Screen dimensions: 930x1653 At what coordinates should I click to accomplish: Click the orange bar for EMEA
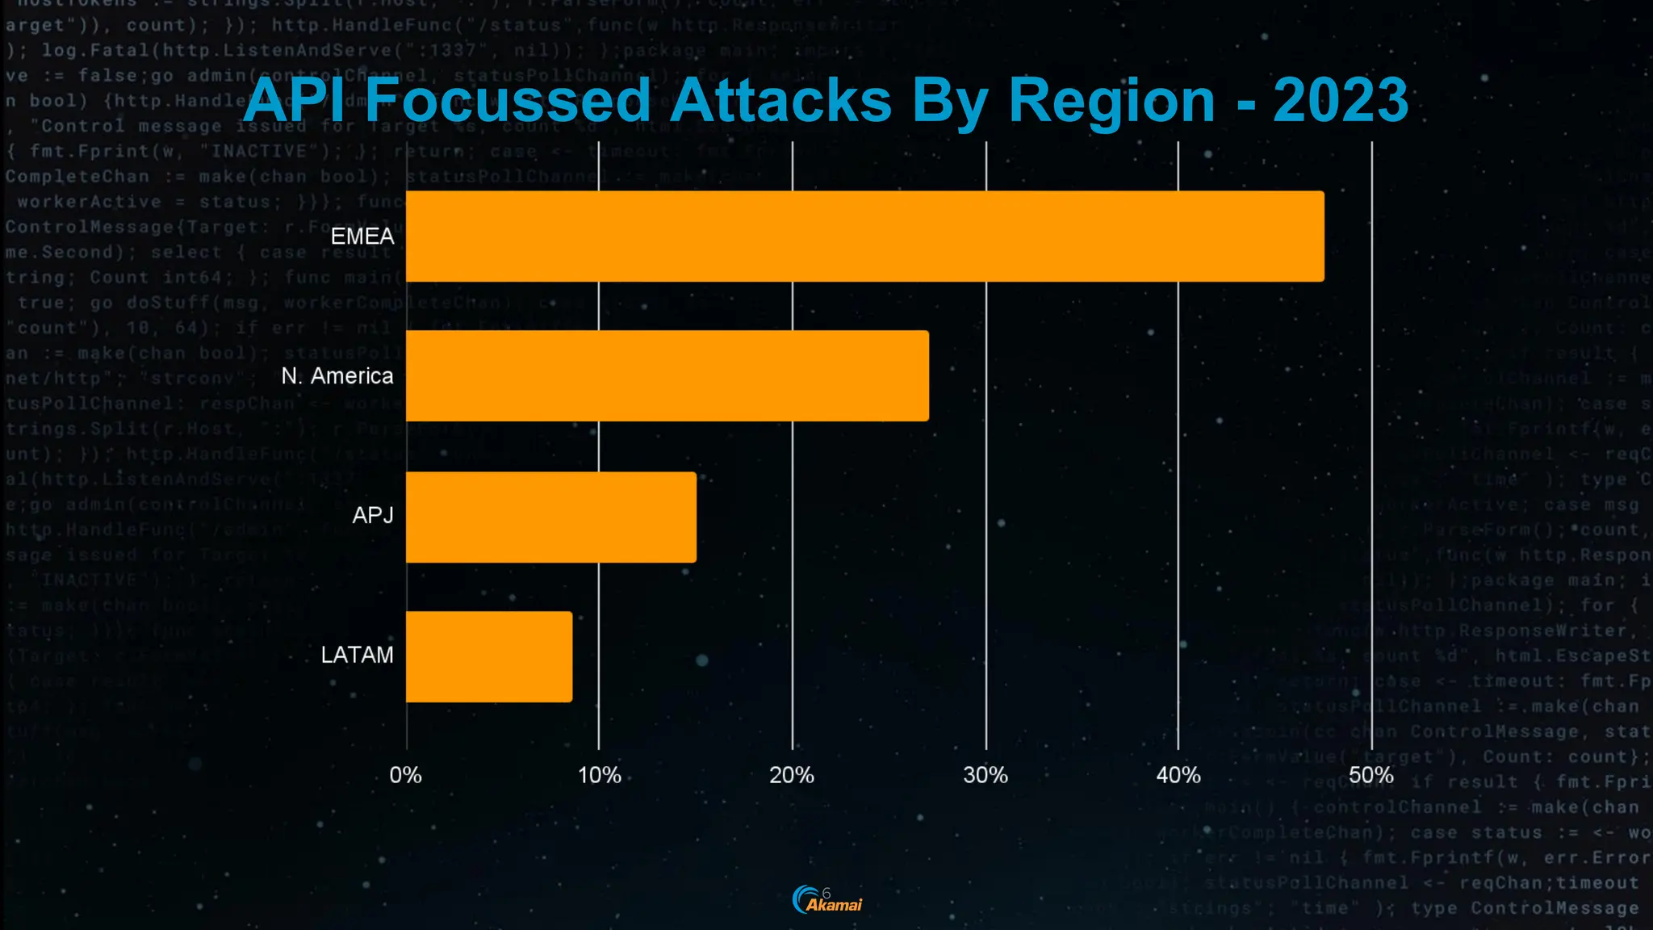[x=864, y=237]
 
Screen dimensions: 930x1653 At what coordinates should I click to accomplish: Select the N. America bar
[x=667, y=376]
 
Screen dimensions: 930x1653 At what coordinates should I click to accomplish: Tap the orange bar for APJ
[x=550, y=517]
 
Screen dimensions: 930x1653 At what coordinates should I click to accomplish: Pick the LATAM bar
[x=489, y=656]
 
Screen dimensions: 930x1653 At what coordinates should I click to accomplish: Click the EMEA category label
[x=362, y=237]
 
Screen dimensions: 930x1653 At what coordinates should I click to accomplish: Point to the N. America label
[x=337, y=376]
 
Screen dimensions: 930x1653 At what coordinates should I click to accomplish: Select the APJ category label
[x=373, y=515]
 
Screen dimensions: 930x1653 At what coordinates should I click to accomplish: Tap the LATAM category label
[x=357, y=655]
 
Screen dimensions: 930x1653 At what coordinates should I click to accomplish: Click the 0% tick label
[x=405, y=776]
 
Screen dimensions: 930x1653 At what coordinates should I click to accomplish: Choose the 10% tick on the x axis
[x=599, y=776]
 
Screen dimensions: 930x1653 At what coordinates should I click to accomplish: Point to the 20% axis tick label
[x=792, y=776]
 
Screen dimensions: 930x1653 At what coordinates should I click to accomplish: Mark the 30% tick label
[x=986, y=776]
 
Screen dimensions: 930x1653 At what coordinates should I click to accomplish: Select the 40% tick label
[x=1178, y=776]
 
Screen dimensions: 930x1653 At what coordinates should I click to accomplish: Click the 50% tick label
[x=1371, y=776]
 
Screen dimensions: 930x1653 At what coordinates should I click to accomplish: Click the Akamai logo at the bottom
[x=827, y=900]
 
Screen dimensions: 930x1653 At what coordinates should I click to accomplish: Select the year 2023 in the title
[x=1341, y=101]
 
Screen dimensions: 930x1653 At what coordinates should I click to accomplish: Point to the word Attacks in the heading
[x=780, y=101]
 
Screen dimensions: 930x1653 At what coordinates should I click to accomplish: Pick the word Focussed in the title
[x=508, y=101]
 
